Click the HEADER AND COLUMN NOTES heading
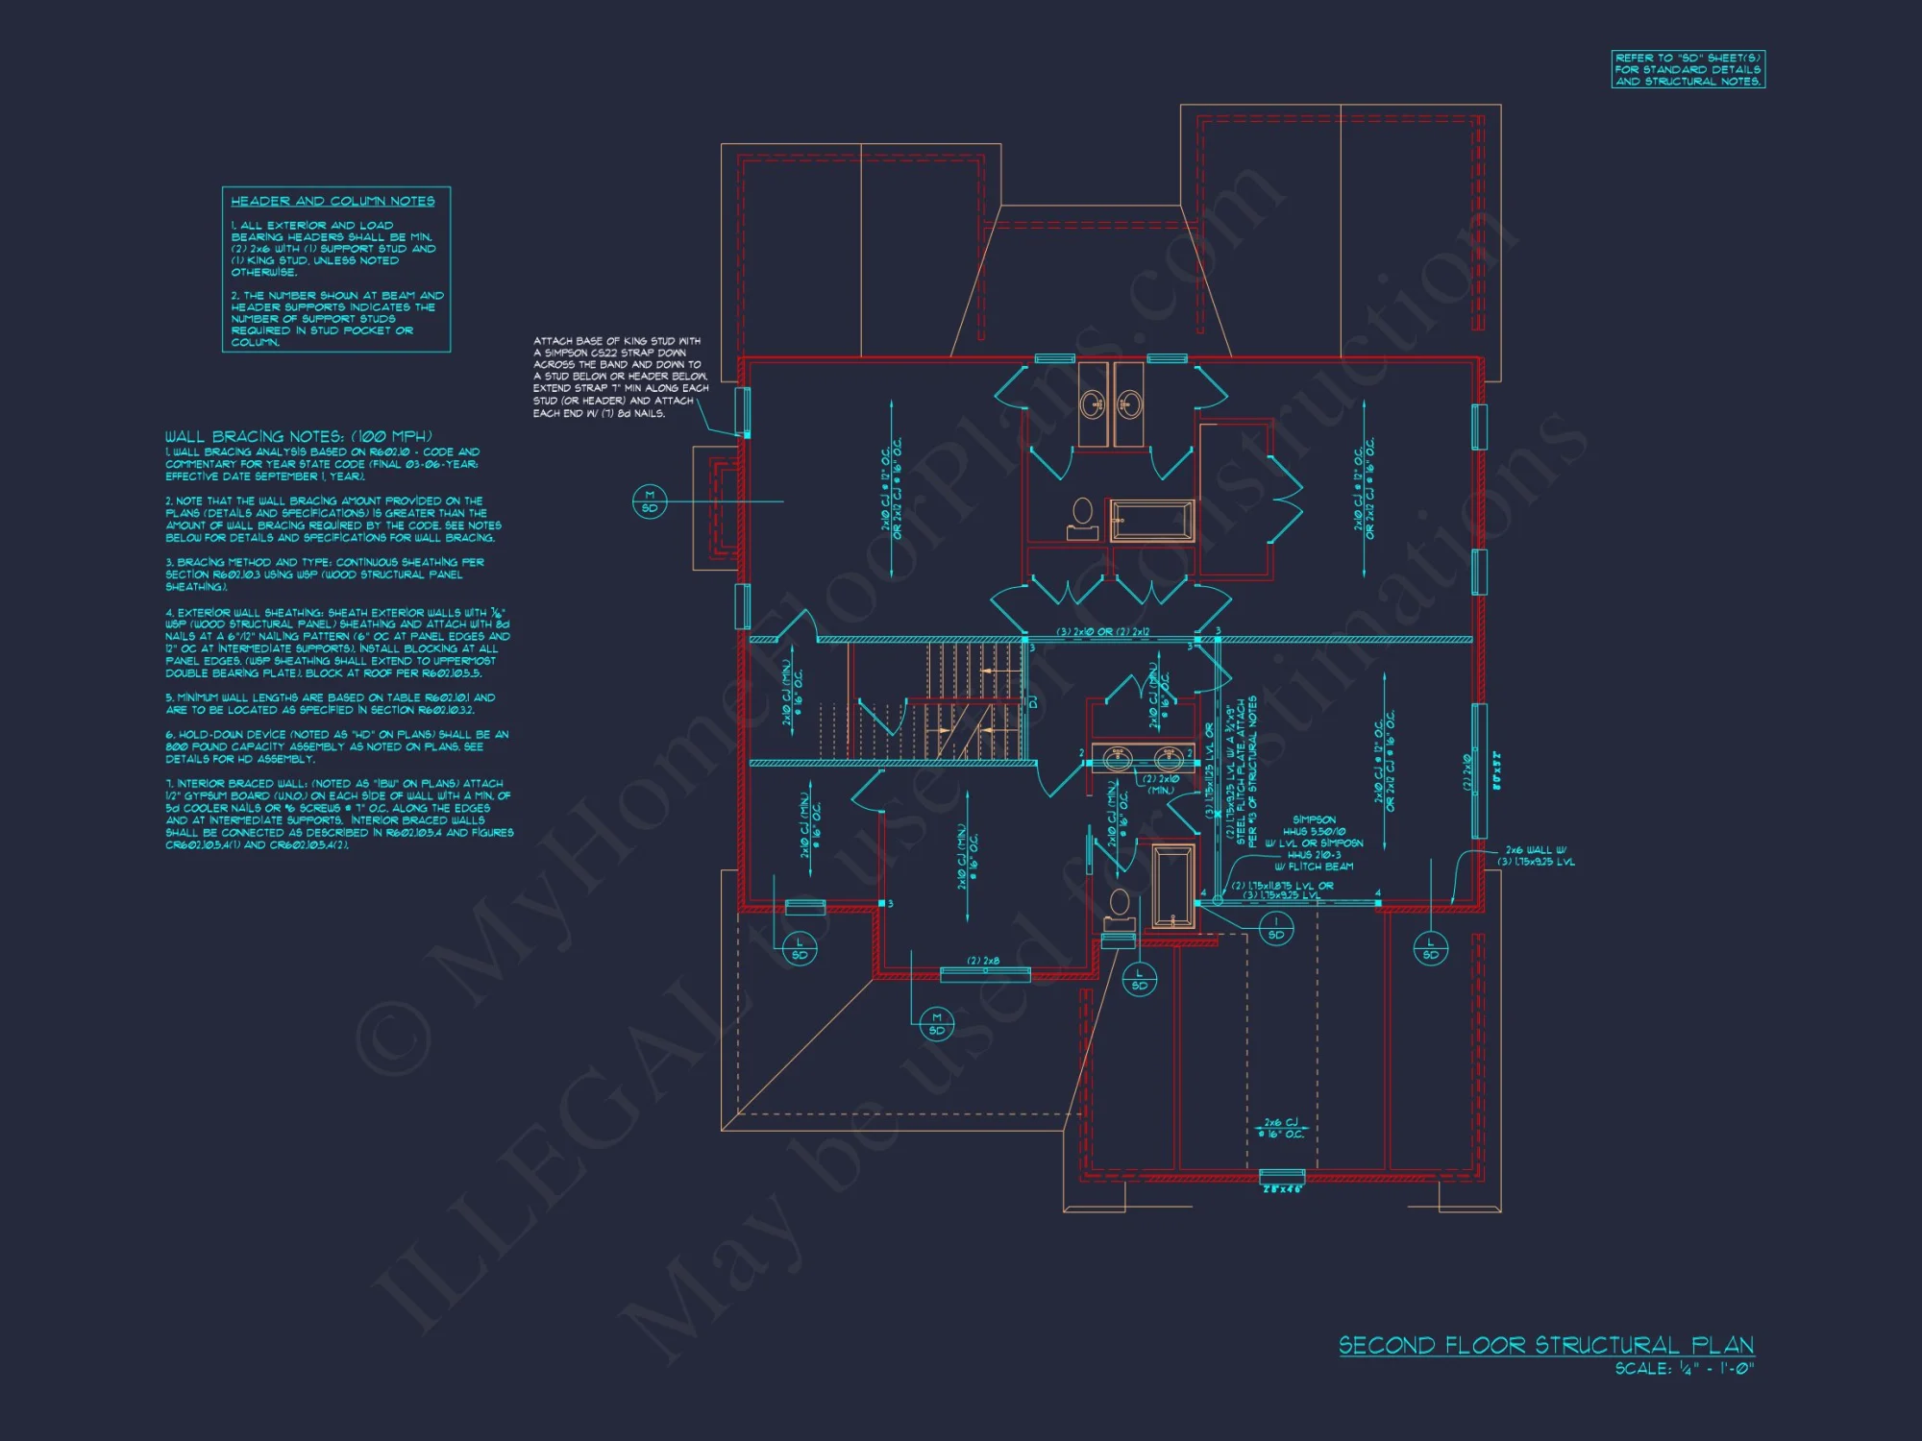[333, 201]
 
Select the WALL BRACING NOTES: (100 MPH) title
[298, 436]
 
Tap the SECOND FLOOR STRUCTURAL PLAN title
[1546, 1345]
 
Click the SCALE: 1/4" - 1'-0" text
[1684, 1369]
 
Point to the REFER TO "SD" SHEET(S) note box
[1688, 70]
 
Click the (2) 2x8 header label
[983, 961]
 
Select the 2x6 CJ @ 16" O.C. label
[1281, 1128]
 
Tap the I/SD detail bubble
[1276, 928]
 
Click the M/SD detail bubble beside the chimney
[650, 501]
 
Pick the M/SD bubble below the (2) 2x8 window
[936, 1023]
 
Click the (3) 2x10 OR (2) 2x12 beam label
[1103, 632]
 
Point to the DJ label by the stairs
[1033, 702]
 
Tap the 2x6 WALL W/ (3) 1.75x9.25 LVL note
[1536, 856]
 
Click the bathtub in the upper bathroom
[1151, 520]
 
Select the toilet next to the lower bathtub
[1120, 909]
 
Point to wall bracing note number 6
[336, 746]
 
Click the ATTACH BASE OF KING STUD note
[620, 377]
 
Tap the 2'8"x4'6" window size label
[1282, 1189]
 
